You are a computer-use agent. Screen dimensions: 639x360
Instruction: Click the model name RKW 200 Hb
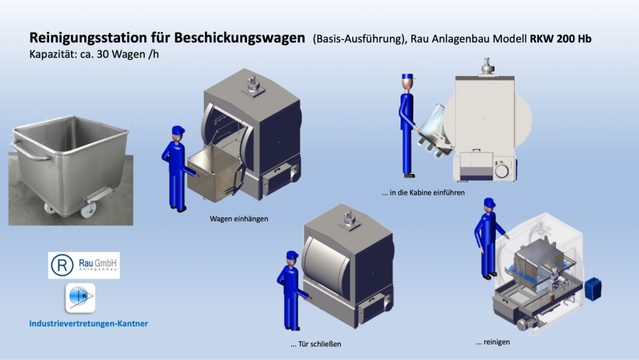(560, 39)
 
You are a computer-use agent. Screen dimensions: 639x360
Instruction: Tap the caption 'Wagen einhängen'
(239, 219)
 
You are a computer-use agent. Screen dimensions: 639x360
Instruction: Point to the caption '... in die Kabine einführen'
(423, 192)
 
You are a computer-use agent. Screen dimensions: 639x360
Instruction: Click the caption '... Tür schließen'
(315, 344)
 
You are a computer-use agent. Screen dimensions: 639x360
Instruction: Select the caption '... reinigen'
(492, 342)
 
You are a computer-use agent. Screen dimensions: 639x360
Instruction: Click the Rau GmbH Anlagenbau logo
(84, 265)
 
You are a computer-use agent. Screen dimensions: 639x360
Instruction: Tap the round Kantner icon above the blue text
(80, 298)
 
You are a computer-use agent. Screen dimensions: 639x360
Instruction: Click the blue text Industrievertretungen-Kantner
(89, 323)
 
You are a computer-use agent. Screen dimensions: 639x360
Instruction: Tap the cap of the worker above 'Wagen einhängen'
(178, 130)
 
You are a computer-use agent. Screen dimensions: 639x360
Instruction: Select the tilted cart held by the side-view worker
(435, 130)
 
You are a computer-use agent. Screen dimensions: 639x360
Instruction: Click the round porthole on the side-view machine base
(502, 170)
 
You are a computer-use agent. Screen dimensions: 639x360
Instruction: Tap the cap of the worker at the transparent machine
(489, 202)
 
